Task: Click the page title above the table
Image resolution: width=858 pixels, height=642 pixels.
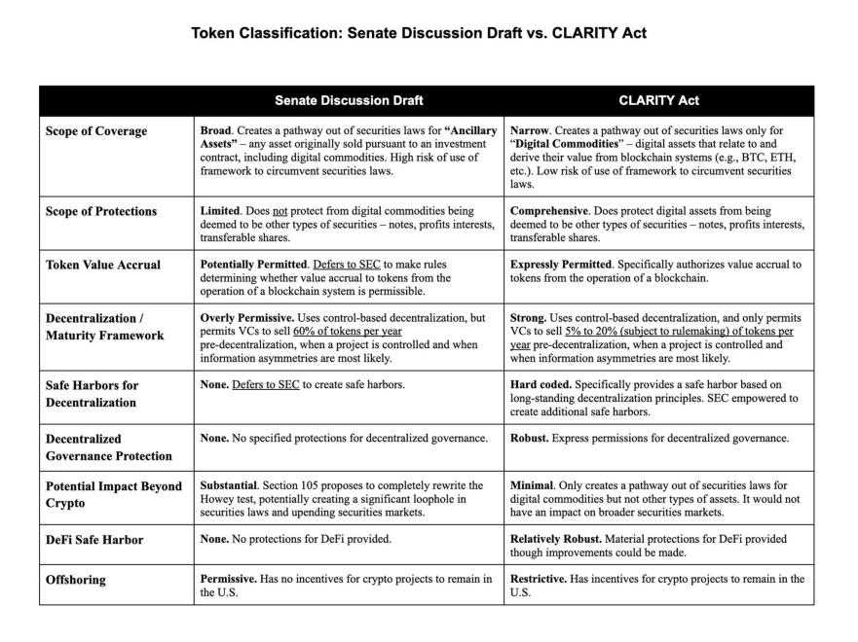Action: click(418, 33)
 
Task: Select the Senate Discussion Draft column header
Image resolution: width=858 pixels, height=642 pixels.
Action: click(349, 100)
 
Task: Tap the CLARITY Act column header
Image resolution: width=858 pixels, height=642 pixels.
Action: click(658, 100)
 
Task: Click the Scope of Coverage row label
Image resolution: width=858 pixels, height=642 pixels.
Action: click(96, 131)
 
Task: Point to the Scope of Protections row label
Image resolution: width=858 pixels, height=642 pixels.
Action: click(101, 211)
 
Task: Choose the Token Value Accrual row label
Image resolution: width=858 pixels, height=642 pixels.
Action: click(103, 265)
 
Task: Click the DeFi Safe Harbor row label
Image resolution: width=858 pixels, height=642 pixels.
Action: click(94, 540)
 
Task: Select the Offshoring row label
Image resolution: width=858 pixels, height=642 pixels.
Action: click(76, 580)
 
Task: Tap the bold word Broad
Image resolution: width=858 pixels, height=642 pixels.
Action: click(215, 130)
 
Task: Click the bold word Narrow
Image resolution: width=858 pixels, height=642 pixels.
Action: click(530, 130)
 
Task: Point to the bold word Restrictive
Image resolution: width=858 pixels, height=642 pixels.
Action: click(538, 579)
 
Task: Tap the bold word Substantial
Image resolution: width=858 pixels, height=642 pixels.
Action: click(230, 485)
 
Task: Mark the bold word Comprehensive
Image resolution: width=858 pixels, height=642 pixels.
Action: click(548, 211)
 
